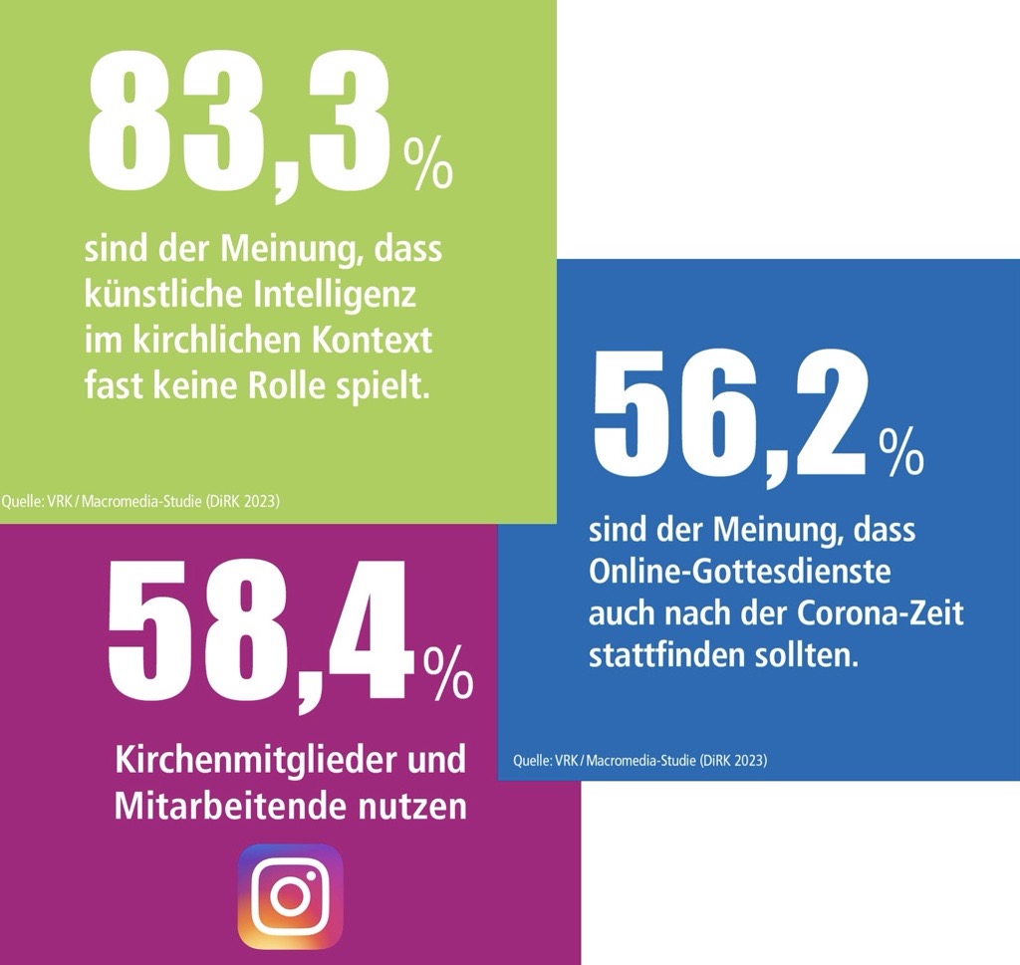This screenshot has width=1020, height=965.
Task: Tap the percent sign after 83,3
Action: [427, 164]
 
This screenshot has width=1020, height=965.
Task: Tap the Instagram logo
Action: [290, 895]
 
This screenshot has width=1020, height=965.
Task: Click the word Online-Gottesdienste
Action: [739, 573]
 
